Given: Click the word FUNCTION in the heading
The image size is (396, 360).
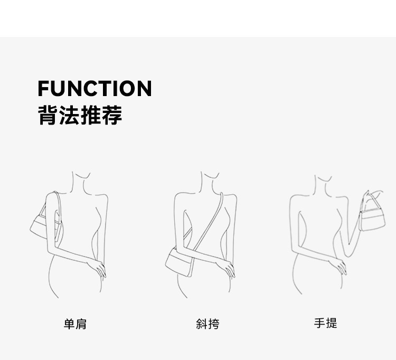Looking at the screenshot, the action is point(95,89).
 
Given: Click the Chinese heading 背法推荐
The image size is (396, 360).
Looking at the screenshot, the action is point(80,115).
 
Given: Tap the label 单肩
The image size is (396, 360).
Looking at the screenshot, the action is point(75,324).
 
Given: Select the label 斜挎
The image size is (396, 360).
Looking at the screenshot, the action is point(207,324).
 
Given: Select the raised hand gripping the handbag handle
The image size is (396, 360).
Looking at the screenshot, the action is point(375,192).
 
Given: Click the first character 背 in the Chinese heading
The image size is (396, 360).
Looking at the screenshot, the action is point(48,115).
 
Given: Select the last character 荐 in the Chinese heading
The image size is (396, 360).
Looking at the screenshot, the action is point(112,115).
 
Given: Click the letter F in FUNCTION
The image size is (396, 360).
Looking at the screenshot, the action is point(43,89).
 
